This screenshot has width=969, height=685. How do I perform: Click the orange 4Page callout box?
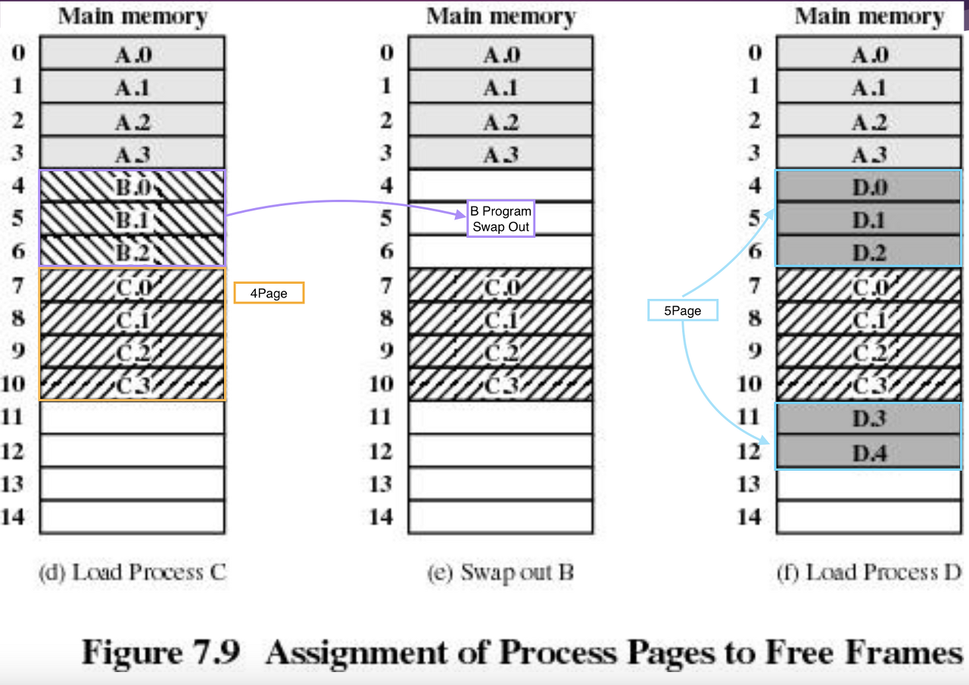point(269,293)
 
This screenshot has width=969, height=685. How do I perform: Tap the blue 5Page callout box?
point(683,310)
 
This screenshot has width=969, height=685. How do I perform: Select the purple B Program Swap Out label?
point(500,219)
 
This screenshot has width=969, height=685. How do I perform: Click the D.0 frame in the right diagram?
point(869,186)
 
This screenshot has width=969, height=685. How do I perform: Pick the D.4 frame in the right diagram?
point(869,453)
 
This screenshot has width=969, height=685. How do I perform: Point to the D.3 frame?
point(869,419)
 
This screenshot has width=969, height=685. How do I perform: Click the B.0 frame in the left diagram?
point(132,186)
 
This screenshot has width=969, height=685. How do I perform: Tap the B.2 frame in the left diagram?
point(132,252)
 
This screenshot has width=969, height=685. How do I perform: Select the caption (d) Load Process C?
point(132,572)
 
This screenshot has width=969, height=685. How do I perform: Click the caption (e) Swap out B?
point(500,573)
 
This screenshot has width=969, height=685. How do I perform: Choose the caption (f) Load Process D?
point(869,572)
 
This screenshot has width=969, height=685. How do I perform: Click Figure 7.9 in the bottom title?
point(161,652)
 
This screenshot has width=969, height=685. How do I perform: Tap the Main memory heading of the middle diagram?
point(500,17)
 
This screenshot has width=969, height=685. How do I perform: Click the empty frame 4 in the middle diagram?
point(500,185)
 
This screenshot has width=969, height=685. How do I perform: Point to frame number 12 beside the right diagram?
point(749,451)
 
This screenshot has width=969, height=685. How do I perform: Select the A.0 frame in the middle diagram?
point(500,54)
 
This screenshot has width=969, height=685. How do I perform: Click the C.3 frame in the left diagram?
point(132,385)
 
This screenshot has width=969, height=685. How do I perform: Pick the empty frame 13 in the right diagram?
point(869,484)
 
